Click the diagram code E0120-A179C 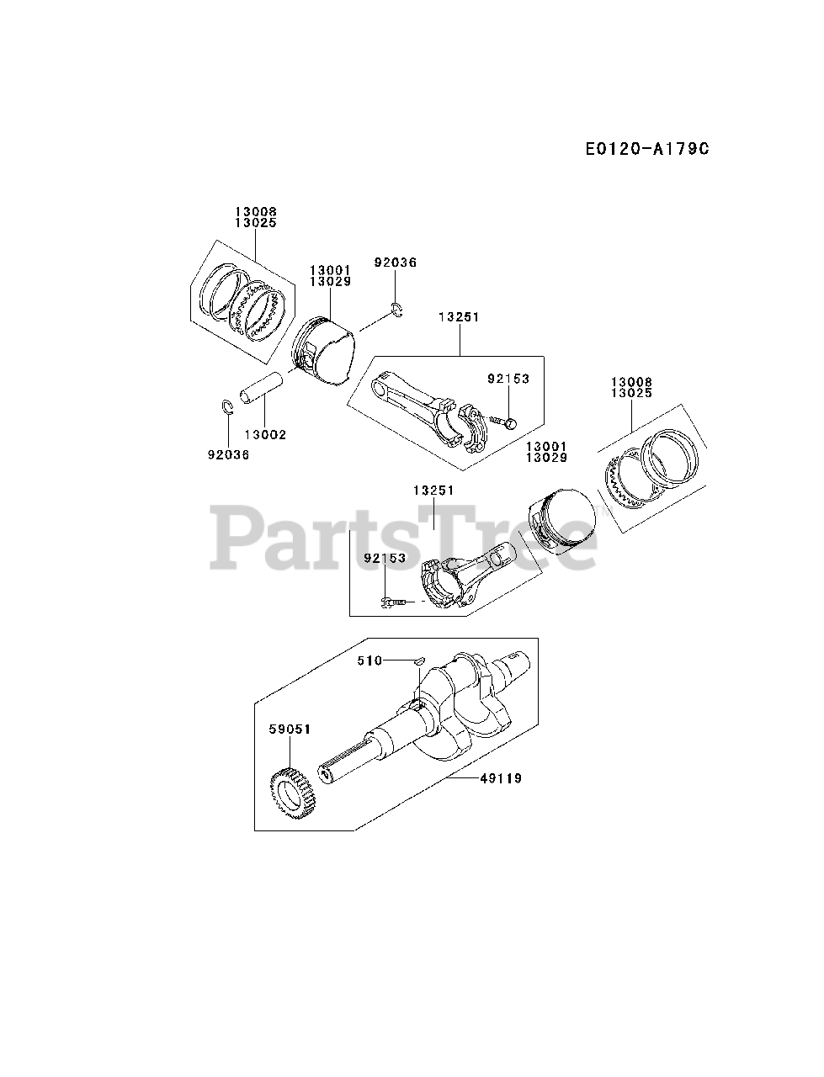647,149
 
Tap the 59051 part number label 290,729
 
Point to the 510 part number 369,661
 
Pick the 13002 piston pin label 265,435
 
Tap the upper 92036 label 396,263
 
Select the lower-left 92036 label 228,454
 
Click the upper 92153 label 508,379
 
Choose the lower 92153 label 385,558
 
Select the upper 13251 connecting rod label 459,317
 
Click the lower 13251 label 433,490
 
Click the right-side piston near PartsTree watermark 560,523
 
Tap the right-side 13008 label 633,382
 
